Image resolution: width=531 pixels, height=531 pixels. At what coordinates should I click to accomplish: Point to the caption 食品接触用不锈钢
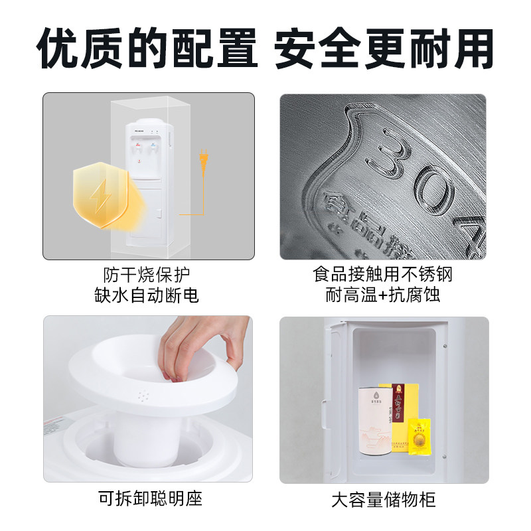point(383,274)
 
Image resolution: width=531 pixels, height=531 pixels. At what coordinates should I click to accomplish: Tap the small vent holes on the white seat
point(143,396)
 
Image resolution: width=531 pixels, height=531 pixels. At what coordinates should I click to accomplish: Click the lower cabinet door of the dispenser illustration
point(147,212)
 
